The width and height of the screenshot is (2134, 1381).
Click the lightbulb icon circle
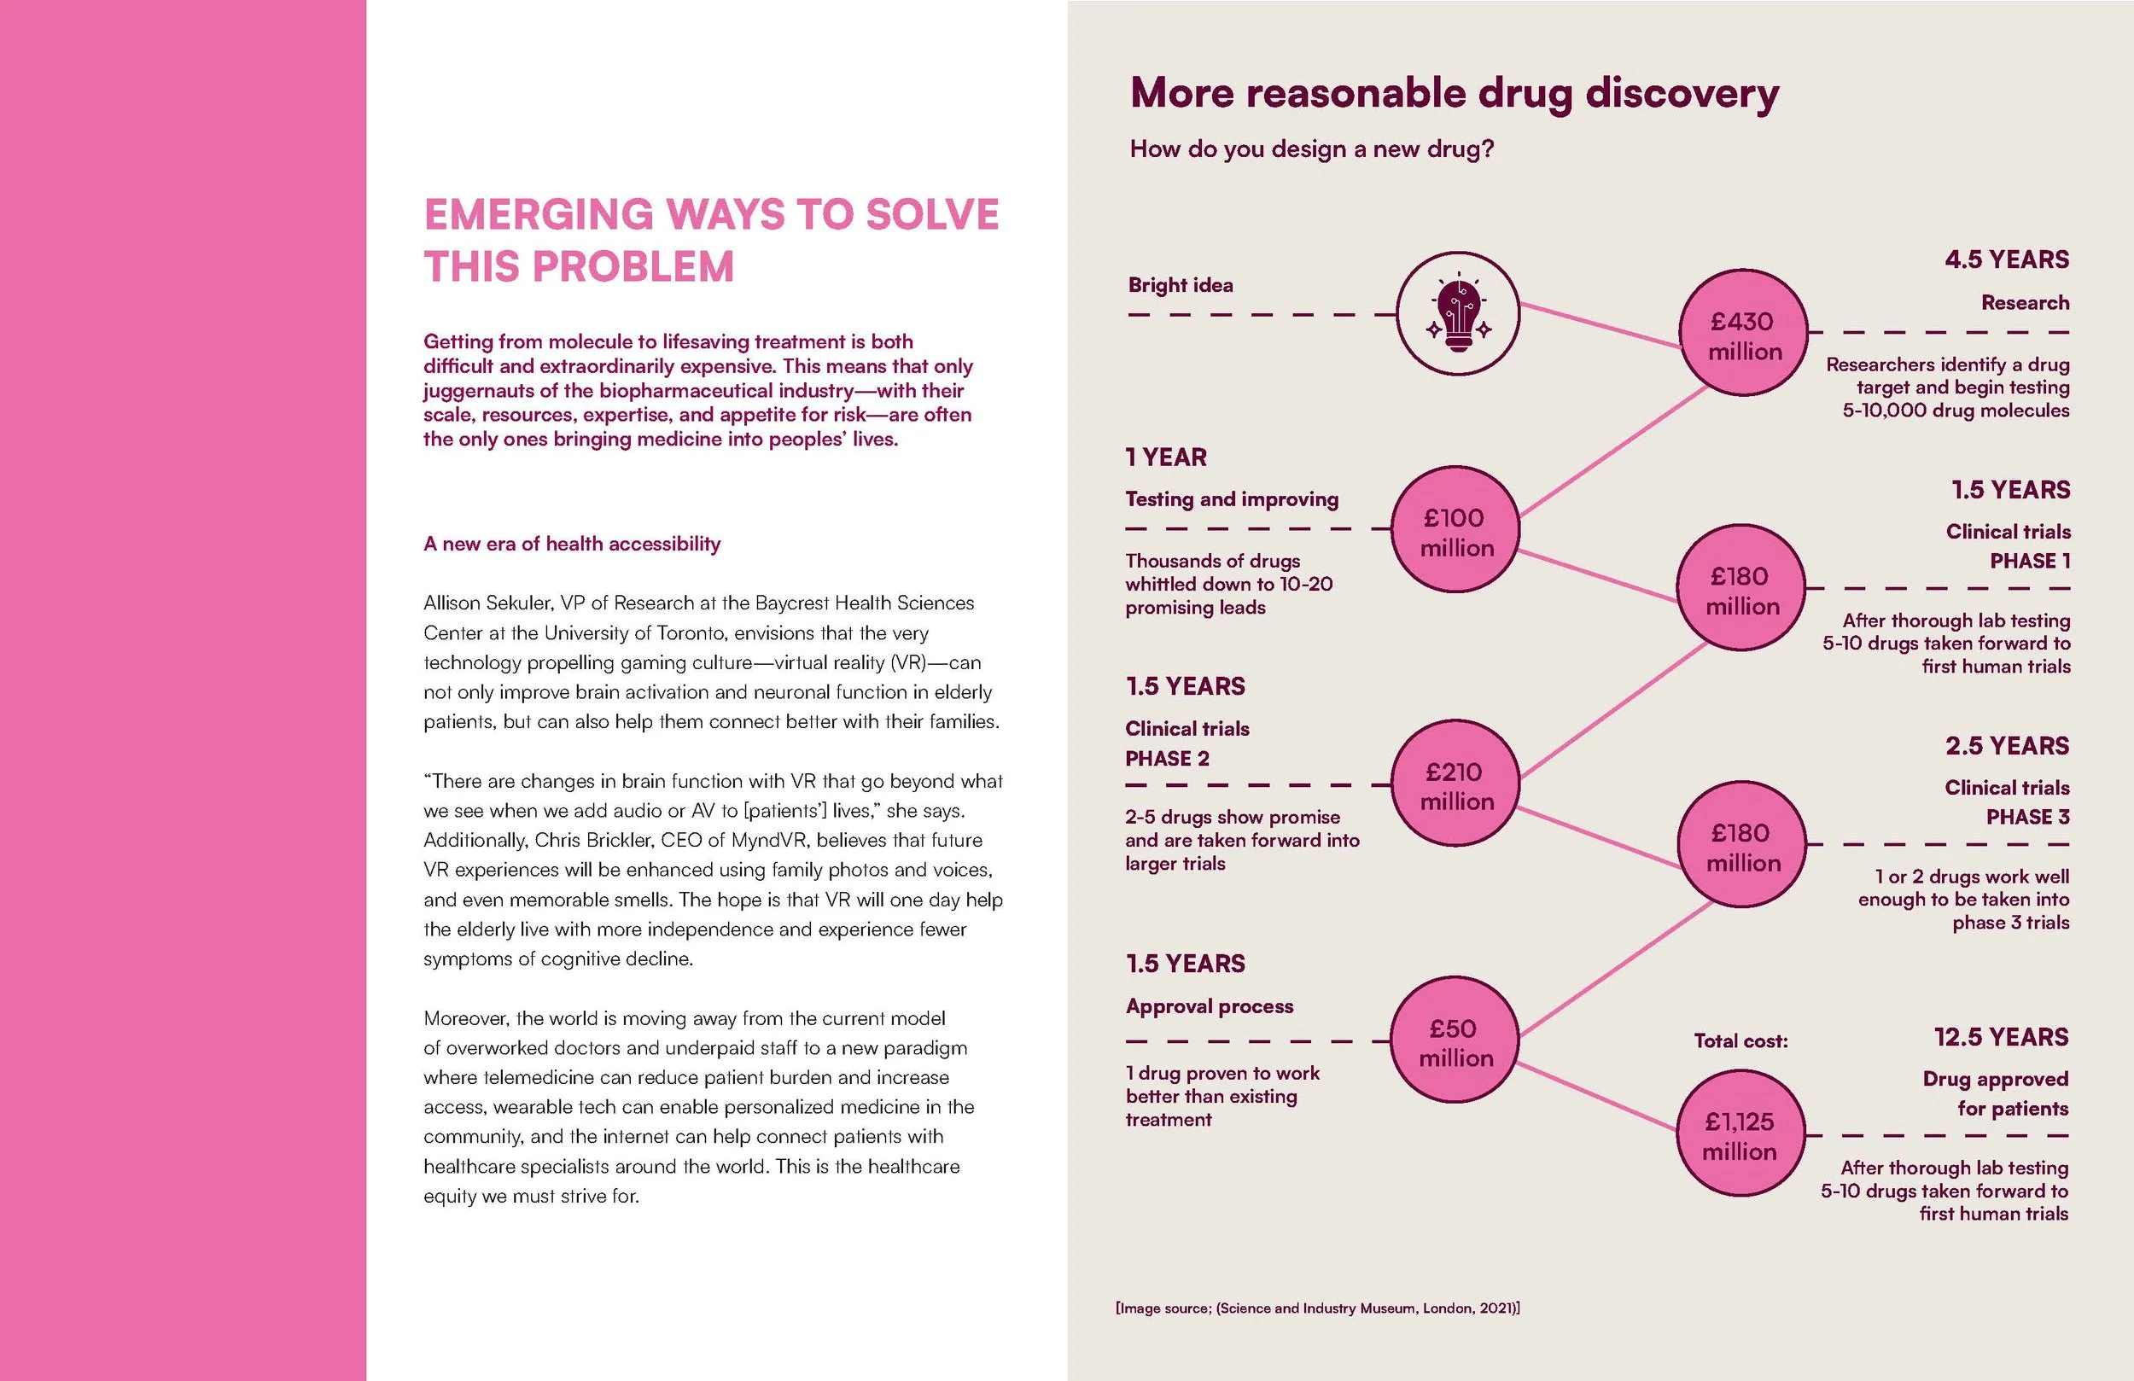pyautogui.click(x=1458, y=313)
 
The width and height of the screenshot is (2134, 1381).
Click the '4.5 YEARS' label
pyautogui.click(x=2007, y=260)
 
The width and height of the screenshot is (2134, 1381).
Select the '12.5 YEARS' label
pyautogui.click(x=2002, y=1038)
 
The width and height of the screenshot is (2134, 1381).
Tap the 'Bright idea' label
pyautogui.click(x=1180, y=285)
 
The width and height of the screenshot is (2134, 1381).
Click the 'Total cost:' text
pyautogui.click(x=1740, y=1041)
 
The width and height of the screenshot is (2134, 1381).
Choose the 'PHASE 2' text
pyautogui.click(x=1167, y=759)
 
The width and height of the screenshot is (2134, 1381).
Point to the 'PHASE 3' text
pyautogui.click(x=2027, y=817)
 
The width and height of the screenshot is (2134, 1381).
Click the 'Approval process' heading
pyautogui.click(x=1209, y=1006)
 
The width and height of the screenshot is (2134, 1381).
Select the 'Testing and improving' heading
pyautogui.click(x=1231, y=499)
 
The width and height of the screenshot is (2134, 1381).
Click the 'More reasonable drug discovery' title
pyautogui.click(x=1454, y=93)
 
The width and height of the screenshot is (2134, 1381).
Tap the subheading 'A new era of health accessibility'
pyautogui.click(x=571, y=544)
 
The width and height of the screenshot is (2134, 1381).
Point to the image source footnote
pyautogui.click(x=1317, y=1308)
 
